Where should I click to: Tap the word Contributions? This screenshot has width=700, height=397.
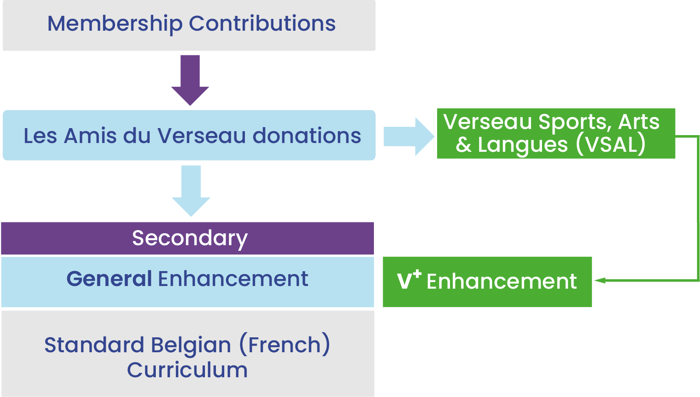(262, 23)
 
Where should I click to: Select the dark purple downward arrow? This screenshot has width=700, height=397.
(190, 80)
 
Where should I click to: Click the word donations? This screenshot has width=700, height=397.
(307, 136)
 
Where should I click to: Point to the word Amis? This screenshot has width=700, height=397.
(90, 136)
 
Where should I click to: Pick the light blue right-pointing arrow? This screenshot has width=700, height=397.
(409, 136)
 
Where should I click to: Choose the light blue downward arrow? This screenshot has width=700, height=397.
(191, 191)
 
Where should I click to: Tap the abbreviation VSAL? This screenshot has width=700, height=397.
(611, 145)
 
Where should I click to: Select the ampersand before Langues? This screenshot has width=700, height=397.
(463, 145)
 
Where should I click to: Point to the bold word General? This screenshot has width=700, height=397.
(109, 279)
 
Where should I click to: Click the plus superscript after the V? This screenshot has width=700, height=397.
(417, 275)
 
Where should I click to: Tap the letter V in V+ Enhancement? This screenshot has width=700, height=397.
(404, 281)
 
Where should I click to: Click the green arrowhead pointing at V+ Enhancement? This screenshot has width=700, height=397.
(599, 280)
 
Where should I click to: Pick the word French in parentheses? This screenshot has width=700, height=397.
(285, 345)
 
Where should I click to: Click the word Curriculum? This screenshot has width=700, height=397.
(187, 370)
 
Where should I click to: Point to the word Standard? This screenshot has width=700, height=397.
(94, 345)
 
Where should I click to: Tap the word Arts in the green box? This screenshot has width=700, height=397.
(639, 122)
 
